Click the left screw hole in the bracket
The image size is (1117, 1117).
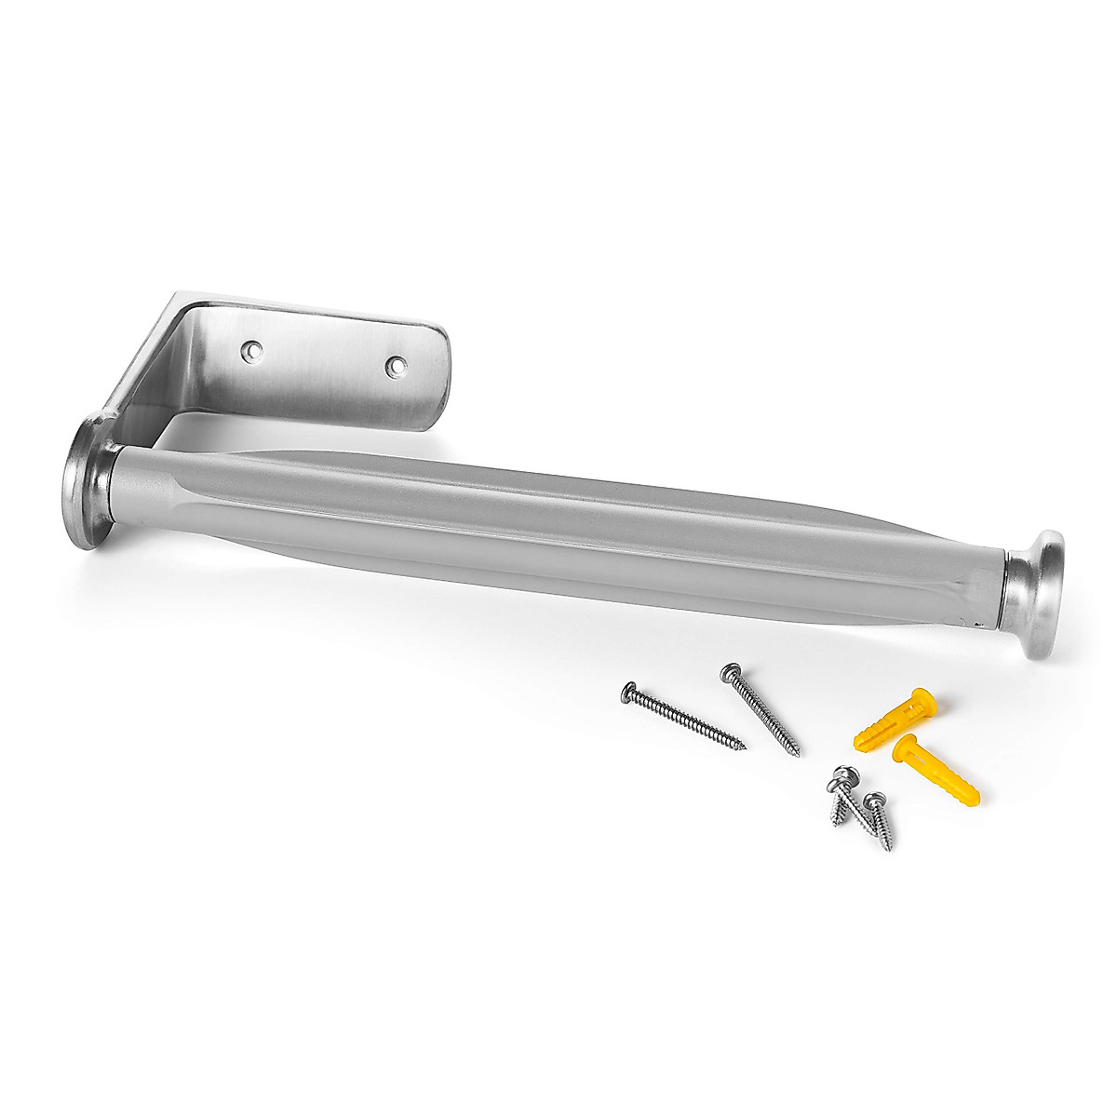click(x=249, y=350)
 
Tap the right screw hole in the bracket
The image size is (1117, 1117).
click(x=395, y=367)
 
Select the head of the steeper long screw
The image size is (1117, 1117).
click(x=731, y=670)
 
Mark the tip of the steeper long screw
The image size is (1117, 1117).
click(x=799, y=753)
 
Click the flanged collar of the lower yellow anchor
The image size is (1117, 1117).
click(x=902, y=745)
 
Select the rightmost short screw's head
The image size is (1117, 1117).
click(x=874, y=800)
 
